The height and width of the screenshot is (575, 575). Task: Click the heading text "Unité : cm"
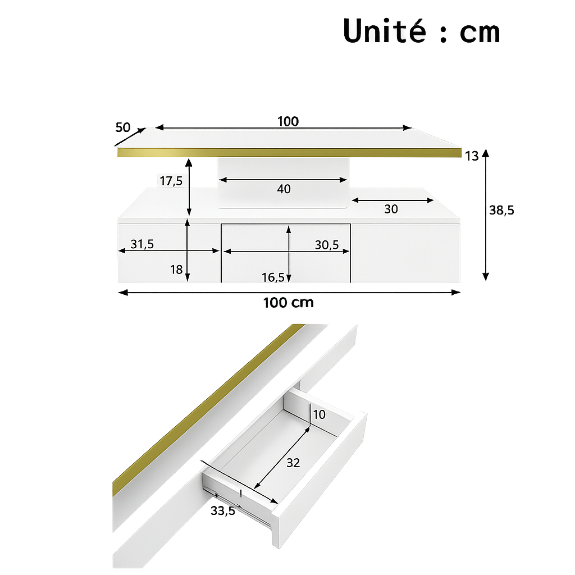421,31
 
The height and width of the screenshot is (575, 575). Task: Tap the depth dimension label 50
123,127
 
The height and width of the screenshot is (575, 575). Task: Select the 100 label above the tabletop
288,121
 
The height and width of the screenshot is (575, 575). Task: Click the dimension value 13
472,156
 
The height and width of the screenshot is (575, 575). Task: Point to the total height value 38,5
501,211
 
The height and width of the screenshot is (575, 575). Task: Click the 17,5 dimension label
171,181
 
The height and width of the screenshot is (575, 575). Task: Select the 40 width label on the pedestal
284,189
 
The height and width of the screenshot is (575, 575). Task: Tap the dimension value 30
391,209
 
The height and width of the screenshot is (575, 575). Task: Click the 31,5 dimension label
142,244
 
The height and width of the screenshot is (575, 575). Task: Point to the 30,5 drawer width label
326,244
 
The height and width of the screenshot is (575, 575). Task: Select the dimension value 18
176,270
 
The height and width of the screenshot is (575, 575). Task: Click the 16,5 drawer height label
273,277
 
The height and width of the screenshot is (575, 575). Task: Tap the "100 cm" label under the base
288,303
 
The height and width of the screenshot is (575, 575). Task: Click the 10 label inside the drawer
319,415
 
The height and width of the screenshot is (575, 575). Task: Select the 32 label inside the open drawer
293,463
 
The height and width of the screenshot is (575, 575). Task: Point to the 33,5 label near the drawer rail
223,510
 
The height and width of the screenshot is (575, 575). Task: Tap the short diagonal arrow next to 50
133,135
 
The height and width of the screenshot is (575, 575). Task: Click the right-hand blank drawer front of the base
405,253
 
